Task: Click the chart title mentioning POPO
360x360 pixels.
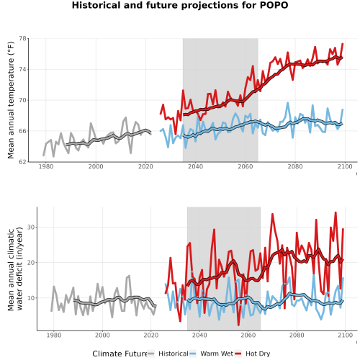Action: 180,5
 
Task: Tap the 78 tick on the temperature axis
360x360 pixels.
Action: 23,38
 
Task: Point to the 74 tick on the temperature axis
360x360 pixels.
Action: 23,69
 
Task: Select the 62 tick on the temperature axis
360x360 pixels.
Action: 23,162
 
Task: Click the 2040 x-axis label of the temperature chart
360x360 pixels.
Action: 195,166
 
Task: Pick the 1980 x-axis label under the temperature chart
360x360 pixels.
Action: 46,166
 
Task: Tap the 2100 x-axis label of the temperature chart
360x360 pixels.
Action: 345,166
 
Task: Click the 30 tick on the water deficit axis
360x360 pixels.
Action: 31,227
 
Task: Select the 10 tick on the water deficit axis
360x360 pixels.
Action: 31,298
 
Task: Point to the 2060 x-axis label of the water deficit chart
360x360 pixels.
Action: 248,335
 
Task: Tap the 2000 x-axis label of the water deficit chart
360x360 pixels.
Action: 102,335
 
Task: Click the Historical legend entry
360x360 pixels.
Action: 168,354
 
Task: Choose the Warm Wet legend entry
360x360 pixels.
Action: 211,354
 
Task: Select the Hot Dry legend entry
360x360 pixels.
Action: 253,354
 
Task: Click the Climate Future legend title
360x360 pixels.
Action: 120,354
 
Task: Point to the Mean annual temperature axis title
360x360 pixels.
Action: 11,100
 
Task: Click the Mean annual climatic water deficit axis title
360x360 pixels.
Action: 15,269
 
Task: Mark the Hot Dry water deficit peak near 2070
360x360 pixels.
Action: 272,214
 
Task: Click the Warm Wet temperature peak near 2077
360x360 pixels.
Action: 287,103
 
